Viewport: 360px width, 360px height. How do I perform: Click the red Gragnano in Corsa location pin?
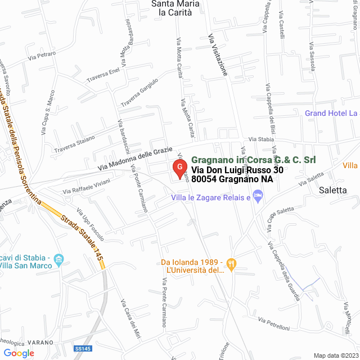click(x=179, y=167)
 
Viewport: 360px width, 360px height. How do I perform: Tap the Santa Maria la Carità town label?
click(x=175, y=7)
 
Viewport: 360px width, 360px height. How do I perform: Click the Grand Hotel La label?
click(x=331, y=114)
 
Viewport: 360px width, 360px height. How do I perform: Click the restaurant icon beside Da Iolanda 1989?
click(x=231, y=263)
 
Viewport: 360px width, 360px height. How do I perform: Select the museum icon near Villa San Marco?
click(x=60, y=259)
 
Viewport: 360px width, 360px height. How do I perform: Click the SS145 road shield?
click(x=82, y=349)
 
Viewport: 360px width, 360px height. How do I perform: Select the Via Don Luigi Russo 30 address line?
click(x=237, y=170)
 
